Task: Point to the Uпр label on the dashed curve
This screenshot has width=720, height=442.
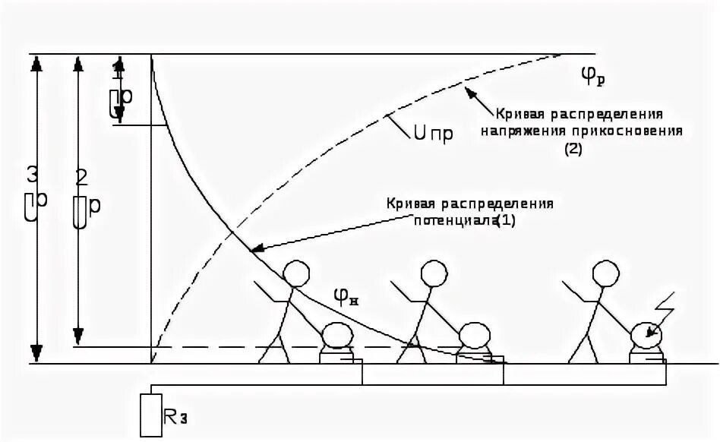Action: [x=434, y=134]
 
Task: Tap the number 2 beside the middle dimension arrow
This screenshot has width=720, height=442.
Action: [x=82, y=177]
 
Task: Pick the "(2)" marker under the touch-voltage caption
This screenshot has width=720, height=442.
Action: [x=572, y=149]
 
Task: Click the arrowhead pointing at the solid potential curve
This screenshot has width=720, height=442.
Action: [x=256, y=248]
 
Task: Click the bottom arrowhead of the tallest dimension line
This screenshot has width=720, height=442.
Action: [x=35, y=354]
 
